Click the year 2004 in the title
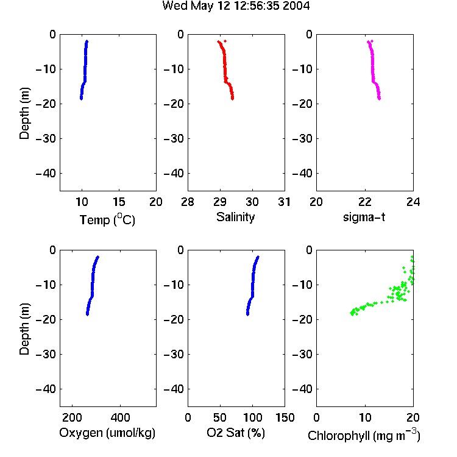pyautogui.click(x=296, y=5)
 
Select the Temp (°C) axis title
pyautogui.click(x=107, y=219)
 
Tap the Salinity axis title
pyautogui.click(x=235, y=217)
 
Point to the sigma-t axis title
pyautogui.click(x=364, y=218)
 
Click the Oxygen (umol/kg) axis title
pyautogui.click(x=107, y=433)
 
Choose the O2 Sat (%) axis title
pyautogui.click(x=236, y=433)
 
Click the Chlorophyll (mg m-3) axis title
pyautogui.click(x=364, y=436)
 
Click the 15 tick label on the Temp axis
pyautogui.click(x=119, y=202)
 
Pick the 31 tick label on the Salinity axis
pyautogui.click(x=284, y=202)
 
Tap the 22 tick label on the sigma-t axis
pyautogui.click(x=365, y=202)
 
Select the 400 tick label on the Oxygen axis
pyautogui.click(x=121, y=417)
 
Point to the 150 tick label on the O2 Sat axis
pyautogui.click(x=285, y=417)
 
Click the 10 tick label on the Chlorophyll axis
pyautogui.click(x=365, y=417)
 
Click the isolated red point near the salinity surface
pyautogui.click(x=225, y=41)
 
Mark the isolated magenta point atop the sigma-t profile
pyautogui.click(x=372, y=41)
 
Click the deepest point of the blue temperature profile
pyautogui.click(x=81, y=99)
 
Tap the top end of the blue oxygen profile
pyautogui.click(x=98, y=257)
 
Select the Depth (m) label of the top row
pyautogui.click(x=24, y=113)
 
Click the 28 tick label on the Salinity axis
pyautogui.click(x=188, y=202)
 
